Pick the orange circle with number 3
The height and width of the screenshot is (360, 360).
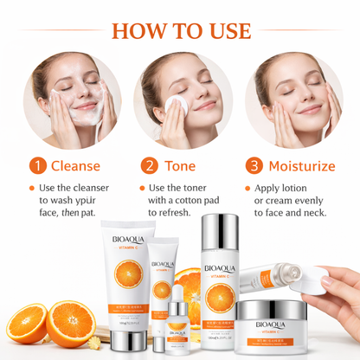pyautogui.click(x=254, y=165)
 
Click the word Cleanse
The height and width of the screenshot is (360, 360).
pyautogui.click(x=75, y=165)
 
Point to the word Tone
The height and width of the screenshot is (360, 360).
pyautogui.click(x=182, y=165)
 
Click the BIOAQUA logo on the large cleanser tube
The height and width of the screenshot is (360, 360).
pyautogui.click(x=127, y=236)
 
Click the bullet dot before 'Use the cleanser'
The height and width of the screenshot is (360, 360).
pyautogui.click(x=32, y=188)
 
